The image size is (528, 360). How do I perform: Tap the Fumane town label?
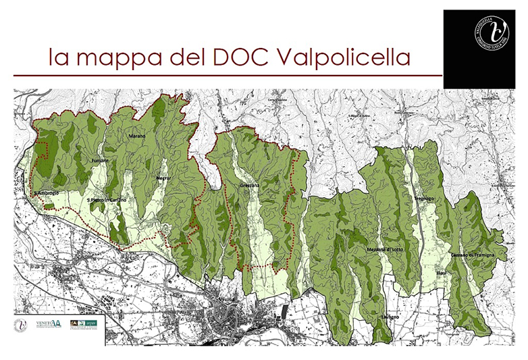point(100,161)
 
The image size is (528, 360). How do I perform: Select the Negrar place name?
point(162,177)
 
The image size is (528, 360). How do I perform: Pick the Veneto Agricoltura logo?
point(49,325)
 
